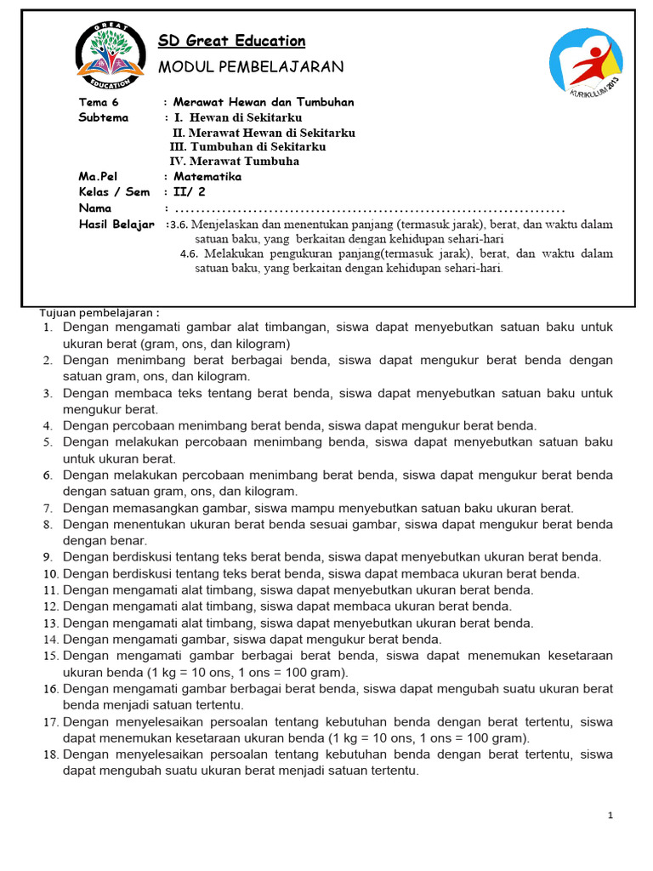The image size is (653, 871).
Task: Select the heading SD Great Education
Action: click(232, 41)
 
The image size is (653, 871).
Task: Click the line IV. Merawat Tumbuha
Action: click(234, 162)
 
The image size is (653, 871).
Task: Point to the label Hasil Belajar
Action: click(116, 224)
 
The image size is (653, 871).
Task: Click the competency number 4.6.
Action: click(189, 253)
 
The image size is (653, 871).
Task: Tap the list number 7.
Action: click(48, 509)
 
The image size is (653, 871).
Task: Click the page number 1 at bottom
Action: click(610, 816)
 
